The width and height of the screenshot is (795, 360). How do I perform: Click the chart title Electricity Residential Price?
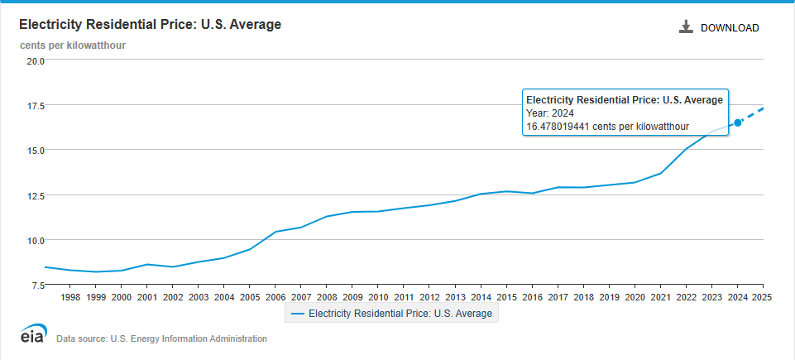pyautogui.click(x=150, y=25)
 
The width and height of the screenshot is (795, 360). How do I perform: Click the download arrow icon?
pyautogui.click(x=685, y=27)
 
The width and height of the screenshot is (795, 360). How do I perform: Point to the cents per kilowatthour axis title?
pyautogui.click(x=73, y=45)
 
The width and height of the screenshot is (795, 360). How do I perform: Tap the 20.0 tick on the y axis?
pyautogui.click(x=35, y=61)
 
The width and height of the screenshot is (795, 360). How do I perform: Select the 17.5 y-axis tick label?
pyautogui.click(x=35, y=106)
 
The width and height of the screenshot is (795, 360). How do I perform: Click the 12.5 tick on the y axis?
pyautogui.click(x=35, y=195)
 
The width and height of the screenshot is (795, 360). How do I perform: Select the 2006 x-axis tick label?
pyautogui.click(x=275, y=296)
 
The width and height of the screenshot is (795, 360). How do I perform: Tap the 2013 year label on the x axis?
pyautogui.click(x=455, y=296)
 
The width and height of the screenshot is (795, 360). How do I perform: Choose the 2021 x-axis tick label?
pyautogui.click(x=660, y=296)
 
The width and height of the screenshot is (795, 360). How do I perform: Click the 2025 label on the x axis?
pyautogui.click(x=762, y=296)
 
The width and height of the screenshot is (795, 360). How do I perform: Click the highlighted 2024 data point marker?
pyautogui.click(x=738, y=122)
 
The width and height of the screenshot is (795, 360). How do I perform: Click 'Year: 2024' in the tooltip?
pyautogui.click(x=550, y=113)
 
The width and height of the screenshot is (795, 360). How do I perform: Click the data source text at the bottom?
pyautogui.click(x=161, y=338)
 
